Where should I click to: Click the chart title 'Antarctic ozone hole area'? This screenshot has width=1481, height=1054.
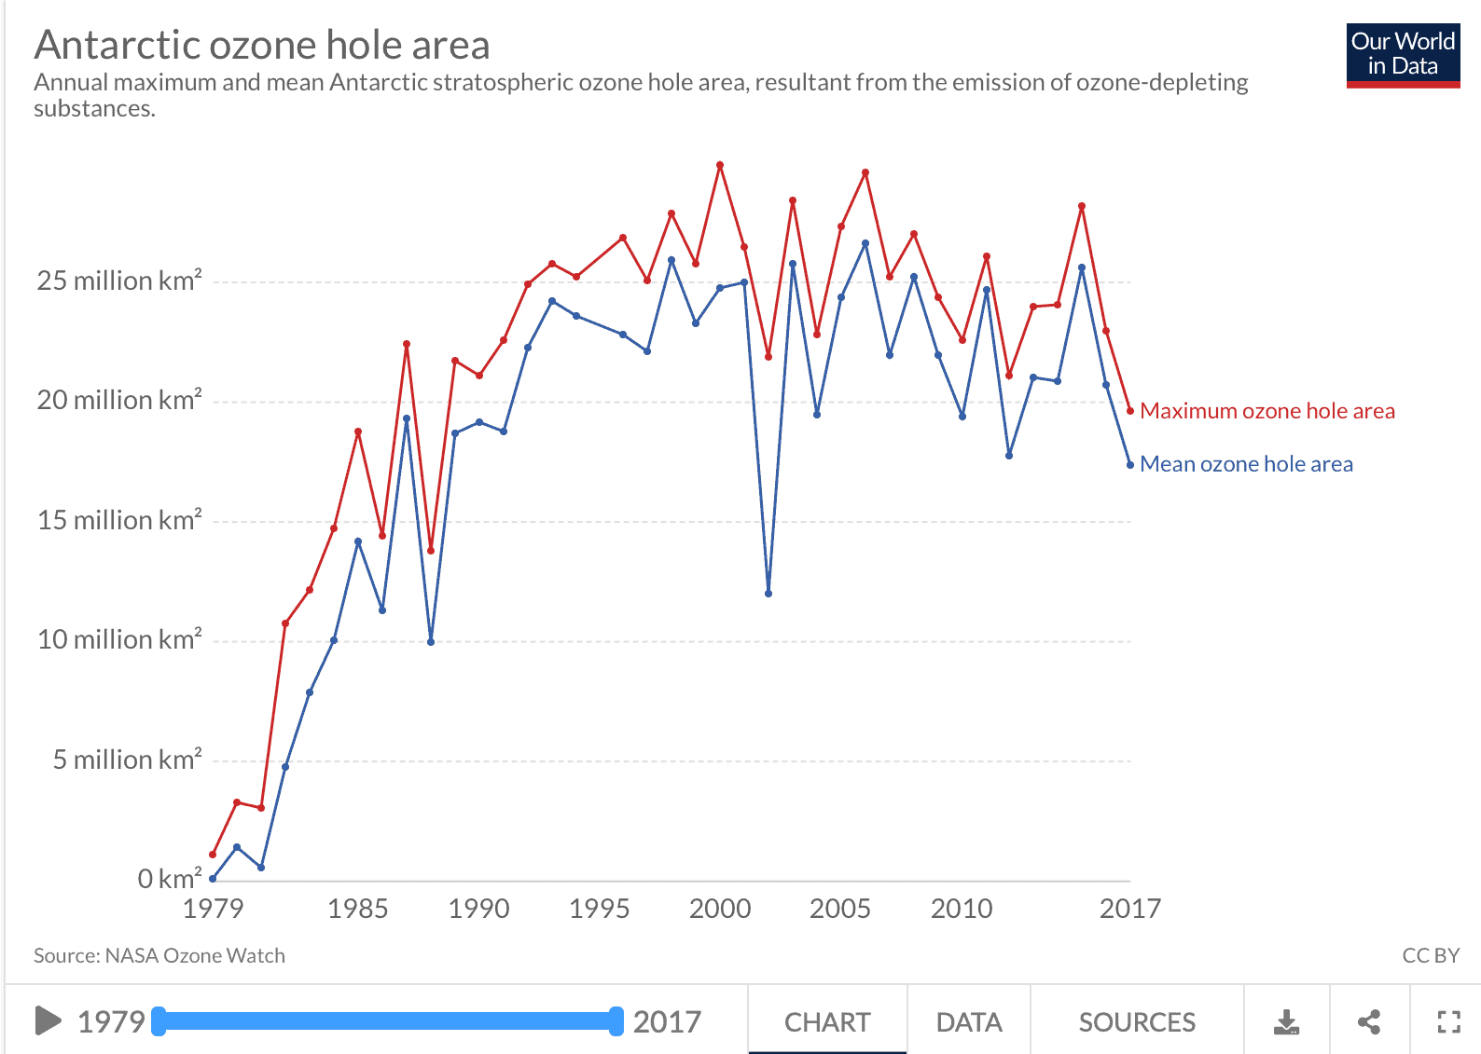(x=262, y=45)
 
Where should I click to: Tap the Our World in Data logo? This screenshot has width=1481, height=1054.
(x=1403, y=55)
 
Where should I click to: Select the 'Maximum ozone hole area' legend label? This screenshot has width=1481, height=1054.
(x=1266, y=411)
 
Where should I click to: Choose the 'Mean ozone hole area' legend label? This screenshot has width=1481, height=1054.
(x=1246, y=464)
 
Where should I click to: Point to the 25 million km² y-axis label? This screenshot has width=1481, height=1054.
(x=119, y=281)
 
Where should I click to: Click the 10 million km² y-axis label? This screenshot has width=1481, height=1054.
(x=119, y=639)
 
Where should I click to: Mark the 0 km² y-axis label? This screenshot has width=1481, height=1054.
(x=169, y=879)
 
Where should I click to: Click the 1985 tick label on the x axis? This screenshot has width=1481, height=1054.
(x=357, y=909)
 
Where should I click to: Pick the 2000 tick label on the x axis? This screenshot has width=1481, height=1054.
(x=720, y=909)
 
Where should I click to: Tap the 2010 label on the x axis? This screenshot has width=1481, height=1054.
(x=962, y=909)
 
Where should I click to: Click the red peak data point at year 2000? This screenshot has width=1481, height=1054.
(x=720, y=165)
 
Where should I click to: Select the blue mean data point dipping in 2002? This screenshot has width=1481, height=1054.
(x=768, y=594)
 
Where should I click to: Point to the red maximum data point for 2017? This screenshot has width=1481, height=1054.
(x=1130, y=411)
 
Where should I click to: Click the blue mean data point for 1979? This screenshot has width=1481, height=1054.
(x=213, y=878)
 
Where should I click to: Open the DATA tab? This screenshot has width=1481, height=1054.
(x=968, y=1022)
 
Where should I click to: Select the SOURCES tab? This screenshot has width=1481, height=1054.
(x=1137, y=1022)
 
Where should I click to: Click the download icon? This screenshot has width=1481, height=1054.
(x=1286, y=1022)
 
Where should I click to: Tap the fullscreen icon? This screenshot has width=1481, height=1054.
(x=1448, y=1022)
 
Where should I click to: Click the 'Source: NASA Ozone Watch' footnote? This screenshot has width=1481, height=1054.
(x=159, y=955)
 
